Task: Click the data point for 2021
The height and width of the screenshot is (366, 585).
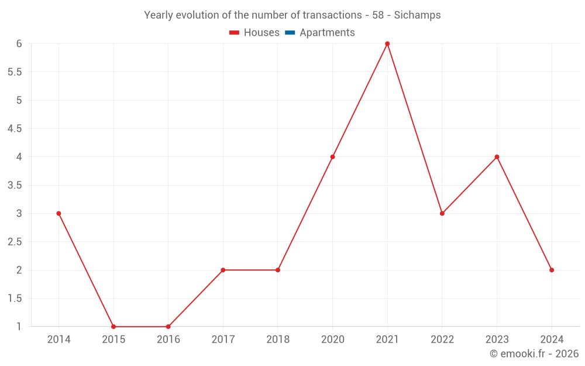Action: pos(387,44)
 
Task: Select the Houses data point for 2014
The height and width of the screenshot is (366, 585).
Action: pos(58,214)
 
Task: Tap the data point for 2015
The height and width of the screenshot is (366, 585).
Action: pos(113,327)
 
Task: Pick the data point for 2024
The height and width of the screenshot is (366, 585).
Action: pos(552,270)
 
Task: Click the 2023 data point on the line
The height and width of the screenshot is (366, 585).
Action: pos(497,157)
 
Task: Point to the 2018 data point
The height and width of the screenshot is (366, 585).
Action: pos(278,270)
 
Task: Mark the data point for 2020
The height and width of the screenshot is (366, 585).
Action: pos(332,157)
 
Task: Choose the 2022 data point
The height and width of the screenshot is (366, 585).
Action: pos(442,214)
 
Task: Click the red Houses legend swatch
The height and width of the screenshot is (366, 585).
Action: pos(235,33)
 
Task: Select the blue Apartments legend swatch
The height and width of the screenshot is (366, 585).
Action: pos(290,33)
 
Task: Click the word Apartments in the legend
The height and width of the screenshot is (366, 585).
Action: pos(327,33)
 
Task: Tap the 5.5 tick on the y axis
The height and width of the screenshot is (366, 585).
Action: pos(15,72)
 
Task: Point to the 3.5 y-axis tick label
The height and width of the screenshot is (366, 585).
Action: pos(15,185)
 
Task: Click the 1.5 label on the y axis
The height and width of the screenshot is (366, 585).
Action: pos(15,299)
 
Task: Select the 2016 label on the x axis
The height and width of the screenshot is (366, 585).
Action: pos(168,340)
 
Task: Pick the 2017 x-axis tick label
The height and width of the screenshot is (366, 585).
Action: pos(223,340)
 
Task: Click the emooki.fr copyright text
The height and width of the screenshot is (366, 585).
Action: pos(534,354)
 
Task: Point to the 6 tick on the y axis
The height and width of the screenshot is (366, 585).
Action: pos(19,44)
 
